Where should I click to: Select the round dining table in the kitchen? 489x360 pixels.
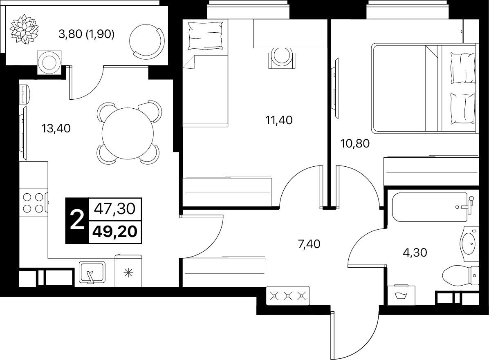(x=128, y=133)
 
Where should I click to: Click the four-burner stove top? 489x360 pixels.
(x=34, y=203)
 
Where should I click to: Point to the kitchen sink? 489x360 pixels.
(x=92, y=273)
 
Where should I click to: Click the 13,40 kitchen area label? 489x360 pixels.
(x=56, y=128)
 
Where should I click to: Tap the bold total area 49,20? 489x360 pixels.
(x=115, y=231)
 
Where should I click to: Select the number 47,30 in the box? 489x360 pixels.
(x=115, y=208)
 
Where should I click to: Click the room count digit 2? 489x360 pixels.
(x=77, y=220)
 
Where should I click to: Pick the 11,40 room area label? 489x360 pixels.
(x=279, y=120)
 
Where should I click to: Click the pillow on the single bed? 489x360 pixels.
(x=206, y=36)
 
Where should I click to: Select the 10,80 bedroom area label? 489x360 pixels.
(x=355, y=143)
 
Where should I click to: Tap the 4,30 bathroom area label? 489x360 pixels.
(x=415, y=252)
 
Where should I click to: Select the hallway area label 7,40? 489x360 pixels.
(x=309, y=244)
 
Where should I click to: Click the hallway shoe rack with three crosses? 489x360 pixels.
(x=288, y=295)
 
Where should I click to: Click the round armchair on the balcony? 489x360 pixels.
(x=147, y=40)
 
